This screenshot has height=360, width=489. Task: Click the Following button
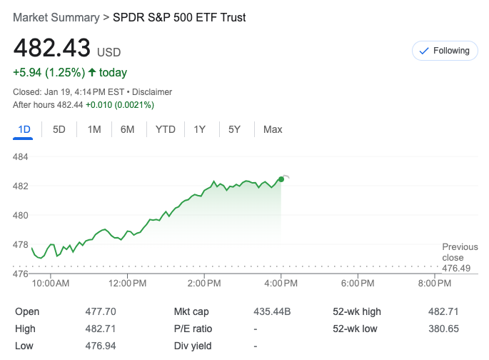click(445, 51)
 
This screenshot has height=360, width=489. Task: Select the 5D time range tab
click(59, 129)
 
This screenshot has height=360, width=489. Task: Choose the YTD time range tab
click(166, 129)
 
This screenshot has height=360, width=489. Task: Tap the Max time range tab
click(273, 129)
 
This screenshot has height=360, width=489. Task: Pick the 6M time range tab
click(128, 129)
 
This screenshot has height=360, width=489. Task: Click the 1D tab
click(24, 129)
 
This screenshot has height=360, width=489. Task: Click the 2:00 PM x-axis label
click(204, 284)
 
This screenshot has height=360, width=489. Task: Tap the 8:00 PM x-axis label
click(434, 284)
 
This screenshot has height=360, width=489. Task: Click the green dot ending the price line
click(281, 179)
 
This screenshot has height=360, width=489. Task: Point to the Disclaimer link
click(152, 92)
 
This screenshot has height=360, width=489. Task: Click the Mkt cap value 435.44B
click(272, 311)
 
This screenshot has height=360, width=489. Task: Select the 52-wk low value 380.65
click(443, 329)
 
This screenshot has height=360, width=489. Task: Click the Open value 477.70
click(101, 311)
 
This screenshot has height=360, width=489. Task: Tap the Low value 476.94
click(101, 346)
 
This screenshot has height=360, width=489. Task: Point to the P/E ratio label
click(193, 329)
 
